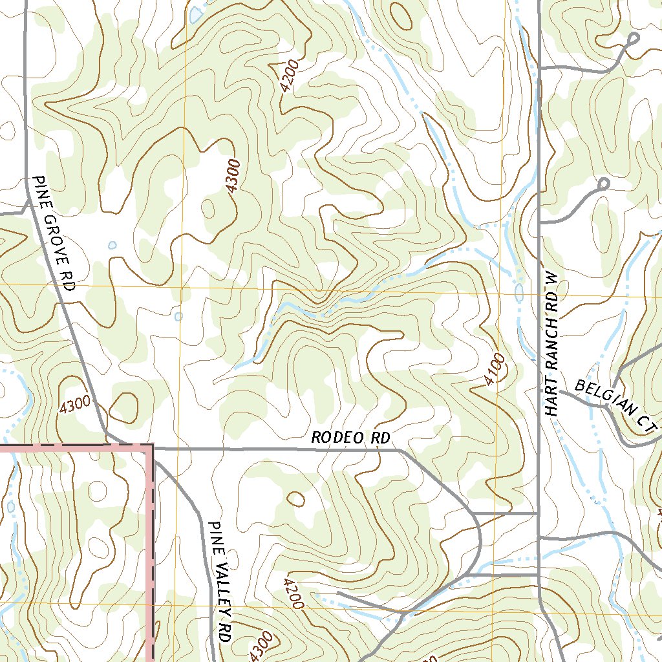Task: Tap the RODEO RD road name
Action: coord(350,438)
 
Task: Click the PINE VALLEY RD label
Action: coord(220,581)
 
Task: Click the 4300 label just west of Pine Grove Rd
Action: coord(74,405)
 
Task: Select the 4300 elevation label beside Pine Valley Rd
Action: coord(262,646)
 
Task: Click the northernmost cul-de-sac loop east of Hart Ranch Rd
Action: coord(632,39)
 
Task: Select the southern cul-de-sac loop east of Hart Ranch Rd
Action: coord(604,184)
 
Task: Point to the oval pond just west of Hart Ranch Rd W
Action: coord(519,292)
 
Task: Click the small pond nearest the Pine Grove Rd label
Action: coord(112,245)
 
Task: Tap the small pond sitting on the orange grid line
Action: coord(178,316)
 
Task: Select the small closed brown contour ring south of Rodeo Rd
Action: coord(296,498)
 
